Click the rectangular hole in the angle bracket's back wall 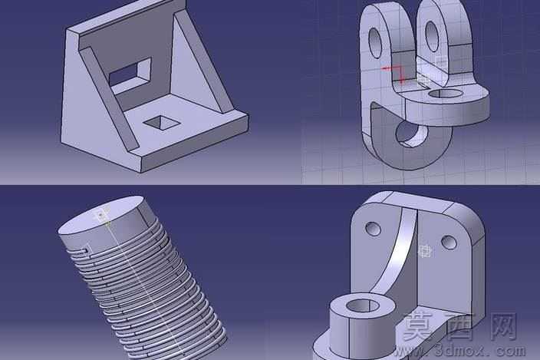click(130, 74)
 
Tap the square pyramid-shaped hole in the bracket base click(162, 122)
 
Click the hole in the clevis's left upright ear click(376, 43)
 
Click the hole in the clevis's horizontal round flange click(446, 94)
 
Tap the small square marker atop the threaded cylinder click(100, 214)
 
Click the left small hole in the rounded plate click(373, 229)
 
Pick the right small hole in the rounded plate click(449, 242)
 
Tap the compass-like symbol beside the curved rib click(426, 251)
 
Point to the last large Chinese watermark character click(503, 326)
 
